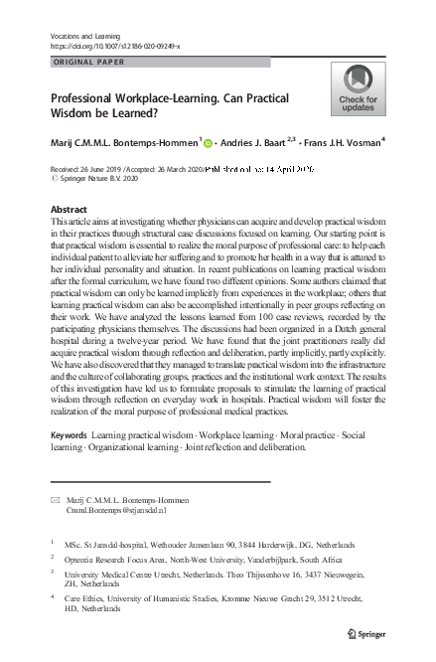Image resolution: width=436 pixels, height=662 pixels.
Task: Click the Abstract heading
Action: [69, 211]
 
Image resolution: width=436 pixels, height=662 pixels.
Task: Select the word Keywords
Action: [68, 464]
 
